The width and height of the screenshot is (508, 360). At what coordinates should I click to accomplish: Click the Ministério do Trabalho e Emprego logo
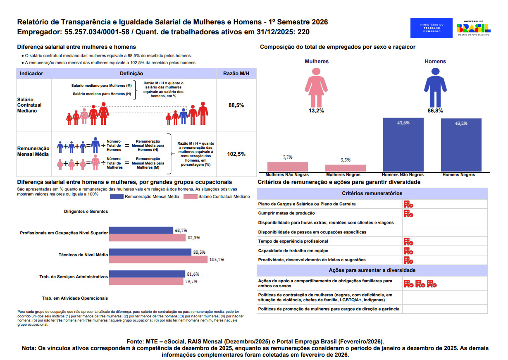point(431,28)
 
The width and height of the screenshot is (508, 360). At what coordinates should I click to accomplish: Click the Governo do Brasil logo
point(473,28)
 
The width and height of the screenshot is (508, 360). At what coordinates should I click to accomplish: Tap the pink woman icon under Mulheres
point(316,87)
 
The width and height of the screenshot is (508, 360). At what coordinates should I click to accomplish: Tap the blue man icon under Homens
point(435,87)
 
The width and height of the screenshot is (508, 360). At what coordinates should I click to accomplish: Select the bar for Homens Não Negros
point(403,145)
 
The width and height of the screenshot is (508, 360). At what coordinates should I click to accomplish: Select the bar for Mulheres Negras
point(346,168)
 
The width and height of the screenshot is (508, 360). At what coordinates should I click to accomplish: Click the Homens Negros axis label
point(458,175)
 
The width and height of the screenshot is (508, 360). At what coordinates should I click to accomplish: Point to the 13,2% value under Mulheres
point(316,111)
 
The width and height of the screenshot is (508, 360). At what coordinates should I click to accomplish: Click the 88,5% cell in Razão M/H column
point(236,105)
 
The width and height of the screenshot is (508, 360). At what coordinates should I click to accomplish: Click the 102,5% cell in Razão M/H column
point(236,154)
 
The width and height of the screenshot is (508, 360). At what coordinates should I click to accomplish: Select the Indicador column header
point(31,74)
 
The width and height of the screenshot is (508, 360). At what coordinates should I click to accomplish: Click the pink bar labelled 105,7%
point(158,260)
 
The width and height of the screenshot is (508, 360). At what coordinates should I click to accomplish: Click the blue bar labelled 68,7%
point(141,230)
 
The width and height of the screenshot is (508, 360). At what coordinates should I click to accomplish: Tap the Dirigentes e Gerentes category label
point(86,212)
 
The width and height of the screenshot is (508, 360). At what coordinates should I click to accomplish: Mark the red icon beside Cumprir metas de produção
point(408,213)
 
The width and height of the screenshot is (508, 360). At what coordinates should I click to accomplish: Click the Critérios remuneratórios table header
point(372,193)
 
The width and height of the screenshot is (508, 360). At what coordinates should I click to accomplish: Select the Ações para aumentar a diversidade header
point(372,270)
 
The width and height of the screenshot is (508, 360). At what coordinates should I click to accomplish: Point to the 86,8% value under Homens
point(435,111)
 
